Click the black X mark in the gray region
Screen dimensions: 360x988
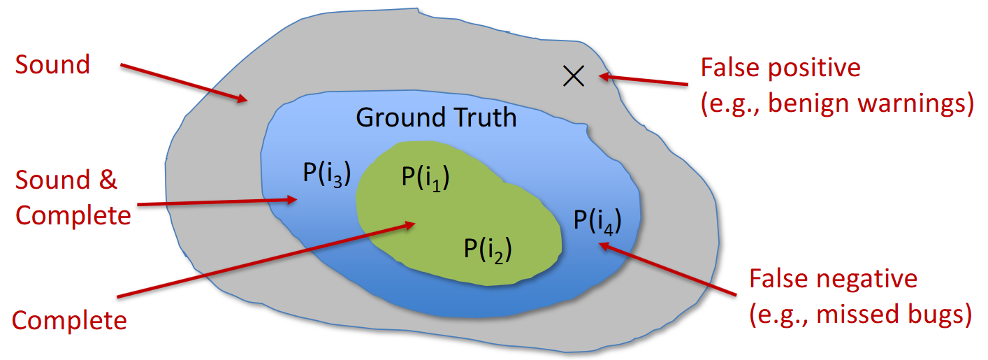click(x=574, y=75)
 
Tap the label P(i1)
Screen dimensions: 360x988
click(x=425, y=178)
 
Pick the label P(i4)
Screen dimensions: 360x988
click(x=597, y=220)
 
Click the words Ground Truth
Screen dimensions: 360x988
click(x=437, y=117)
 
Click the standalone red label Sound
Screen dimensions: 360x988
click(x=53, y=65)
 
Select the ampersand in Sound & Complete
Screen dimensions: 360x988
click(x=106, y=180)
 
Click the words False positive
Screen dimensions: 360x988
click(x=780, y=69)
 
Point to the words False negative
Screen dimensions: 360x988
click(x=833, y=279)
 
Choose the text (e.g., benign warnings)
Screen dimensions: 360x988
click(x=837, y=103)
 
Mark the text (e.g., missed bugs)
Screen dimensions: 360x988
click(x=860, y=315)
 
